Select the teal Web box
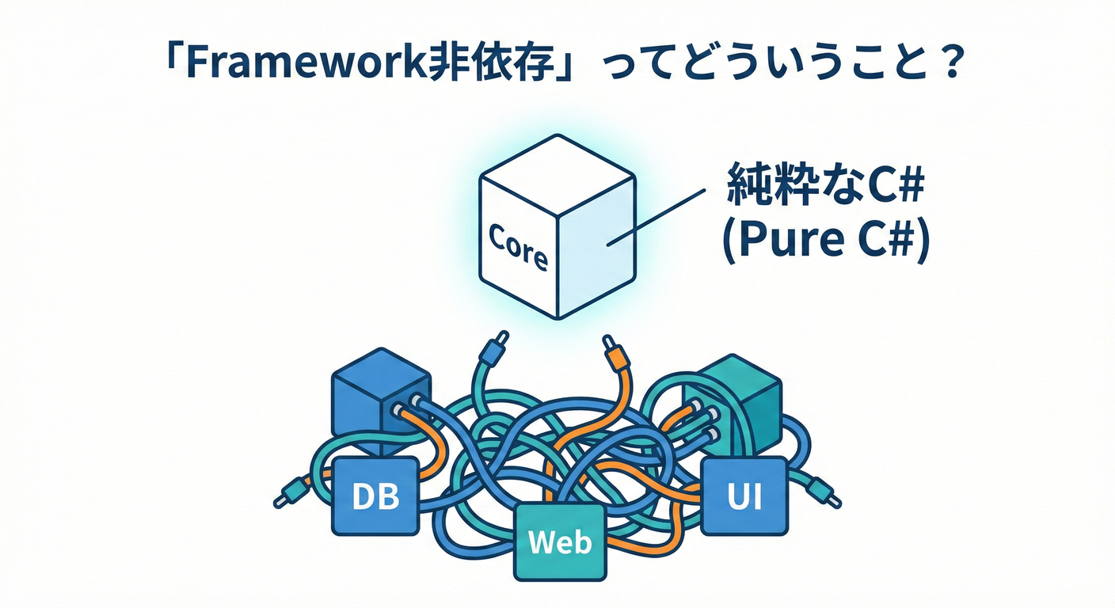[x=560, y=541]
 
